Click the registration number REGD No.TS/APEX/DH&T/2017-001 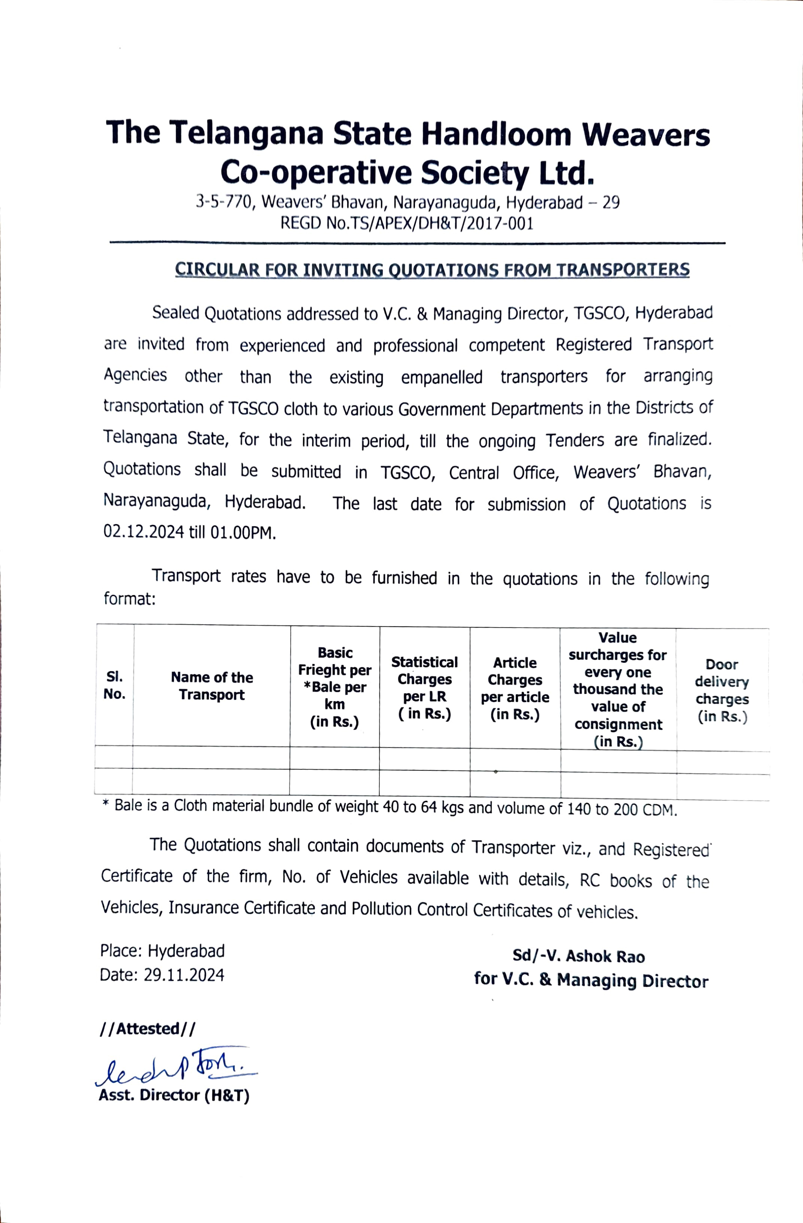(407, 224)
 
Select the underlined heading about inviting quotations (432, 270)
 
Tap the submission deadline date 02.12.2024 (143, 532)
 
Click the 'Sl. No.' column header (114, 685)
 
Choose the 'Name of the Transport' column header (212, 686)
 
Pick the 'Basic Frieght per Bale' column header (335, 687)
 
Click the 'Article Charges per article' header (515, 688)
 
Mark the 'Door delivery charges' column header (722, 690)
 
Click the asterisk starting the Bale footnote (106, 805)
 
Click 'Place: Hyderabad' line (162, 951)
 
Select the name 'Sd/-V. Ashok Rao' (578, 956)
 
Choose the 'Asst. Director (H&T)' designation (174, 1095)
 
